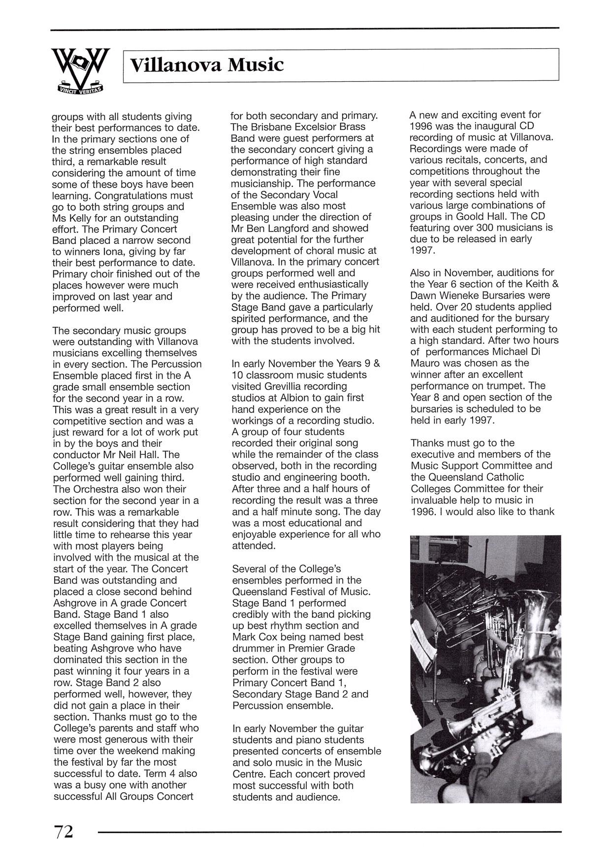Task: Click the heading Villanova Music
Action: click(x=207, y=65)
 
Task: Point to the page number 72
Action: click(x=64, y=831)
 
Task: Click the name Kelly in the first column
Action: click(x=81, y=218)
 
